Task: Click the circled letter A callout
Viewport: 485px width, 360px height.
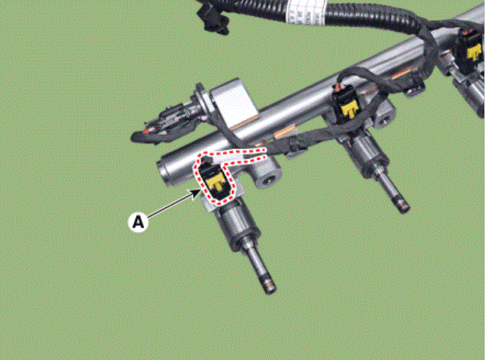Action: click(138, 222)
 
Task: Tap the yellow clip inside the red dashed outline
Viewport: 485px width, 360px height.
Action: click(215, 182)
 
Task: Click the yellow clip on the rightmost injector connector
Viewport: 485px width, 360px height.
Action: click(474, 52)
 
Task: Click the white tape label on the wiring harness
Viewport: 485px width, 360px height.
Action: click(304, 13)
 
